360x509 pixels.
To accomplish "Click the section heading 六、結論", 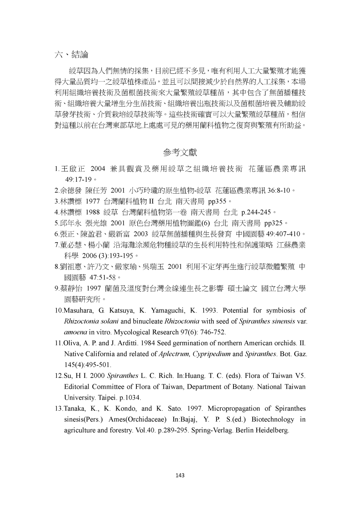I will pyautogui.click(x=71, y=54).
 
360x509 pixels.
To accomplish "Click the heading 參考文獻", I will pyautogui.click(x=180, y=152).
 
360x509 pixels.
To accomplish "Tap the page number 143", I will pyautogui.click(x=180, y=476).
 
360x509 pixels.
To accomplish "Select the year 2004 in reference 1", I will pyautogui.click(x=98, y=169).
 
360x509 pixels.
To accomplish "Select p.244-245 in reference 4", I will pyautogui.click(x=256, y=212).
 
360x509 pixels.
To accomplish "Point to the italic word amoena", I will pyautogui.click(x=75, y=332).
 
